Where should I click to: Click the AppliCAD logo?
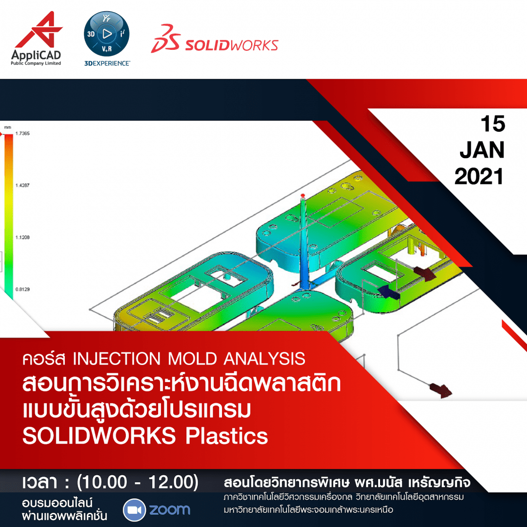tap(36, 39)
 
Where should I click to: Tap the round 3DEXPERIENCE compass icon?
tap(106, 34)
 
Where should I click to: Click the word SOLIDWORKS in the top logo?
tap(232, 45)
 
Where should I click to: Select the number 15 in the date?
tap(493, 123)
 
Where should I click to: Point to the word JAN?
tap(482, 150)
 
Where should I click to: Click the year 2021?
tap(479, 177)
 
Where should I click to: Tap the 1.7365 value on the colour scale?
tap(22, 133)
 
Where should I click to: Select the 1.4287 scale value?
tap(22, 185)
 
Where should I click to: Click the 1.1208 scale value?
tap(22, 237)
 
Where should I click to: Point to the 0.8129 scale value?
tap(22, 289)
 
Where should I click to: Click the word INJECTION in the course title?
tap(117, 359)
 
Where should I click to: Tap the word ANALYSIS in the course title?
tap(264, 359)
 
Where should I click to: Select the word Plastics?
tap(227, 436)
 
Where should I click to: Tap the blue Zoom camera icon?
tap(135, 510)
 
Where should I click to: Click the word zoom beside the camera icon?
tap(170, 510)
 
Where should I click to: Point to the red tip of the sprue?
tap(303, 195)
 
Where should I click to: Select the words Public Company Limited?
tap(36, 63)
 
